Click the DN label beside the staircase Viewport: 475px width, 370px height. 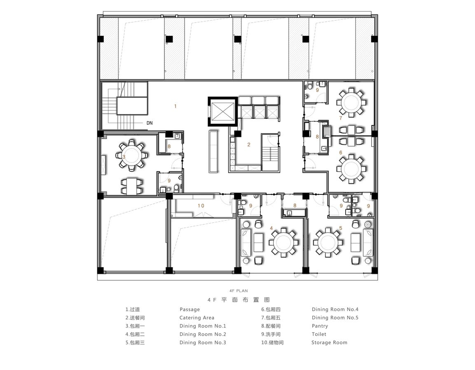(x=150, y=123)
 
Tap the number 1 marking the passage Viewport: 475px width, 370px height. (x=175, y=106)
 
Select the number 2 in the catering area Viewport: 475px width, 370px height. (x=249, y=144)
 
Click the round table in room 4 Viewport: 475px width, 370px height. (x=283, y=243)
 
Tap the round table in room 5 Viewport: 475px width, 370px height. (x=328, y=243)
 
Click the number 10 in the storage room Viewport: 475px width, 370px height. (x=201, y=206)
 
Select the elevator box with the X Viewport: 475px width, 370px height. (x=223, y=111)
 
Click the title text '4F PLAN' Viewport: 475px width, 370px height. (x=239, y=291)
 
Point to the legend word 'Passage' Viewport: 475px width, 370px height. (x=190, y=310)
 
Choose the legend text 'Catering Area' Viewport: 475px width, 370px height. (x=197, y=318)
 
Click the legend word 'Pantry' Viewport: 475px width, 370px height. (x=320, y=326)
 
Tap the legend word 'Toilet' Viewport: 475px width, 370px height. (x=319, y=334)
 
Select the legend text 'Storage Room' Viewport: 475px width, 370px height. (x=329, y=342)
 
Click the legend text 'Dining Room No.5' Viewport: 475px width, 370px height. (x=335, y=318)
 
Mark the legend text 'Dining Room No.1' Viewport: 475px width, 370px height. (x=203, y=326)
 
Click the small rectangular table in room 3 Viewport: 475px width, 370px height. (x=132, y=186)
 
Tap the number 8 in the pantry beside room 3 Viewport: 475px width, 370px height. (x=169, y=146)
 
